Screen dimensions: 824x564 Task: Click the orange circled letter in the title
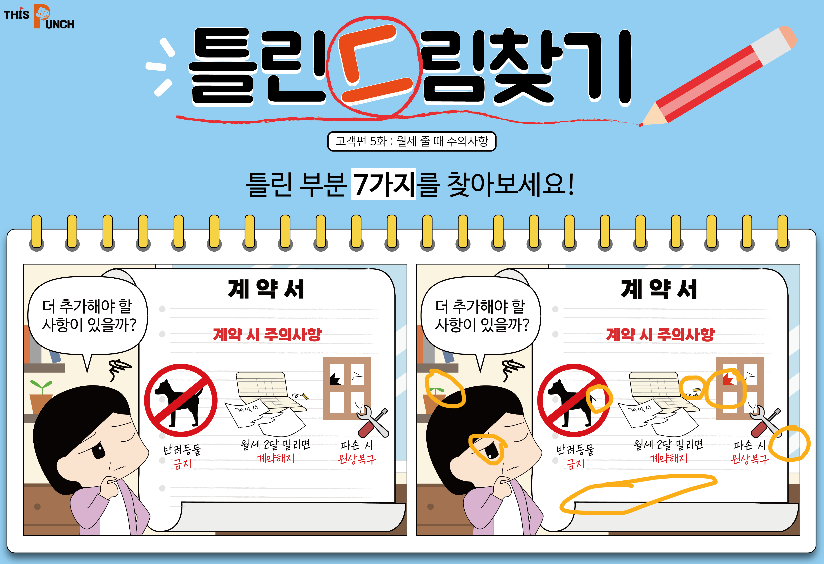pyautogui.click(x=374, y=64)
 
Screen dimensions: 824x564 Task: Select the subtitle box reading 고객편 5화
pyautogui.click(x=412, y=141)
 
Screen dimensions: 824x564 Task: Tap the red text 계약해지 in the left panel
pyautogui.click(x=276, y=458)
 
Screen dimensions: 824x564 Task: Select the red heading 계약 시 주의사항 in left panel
pyautogui.click(x=267, y=334)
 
